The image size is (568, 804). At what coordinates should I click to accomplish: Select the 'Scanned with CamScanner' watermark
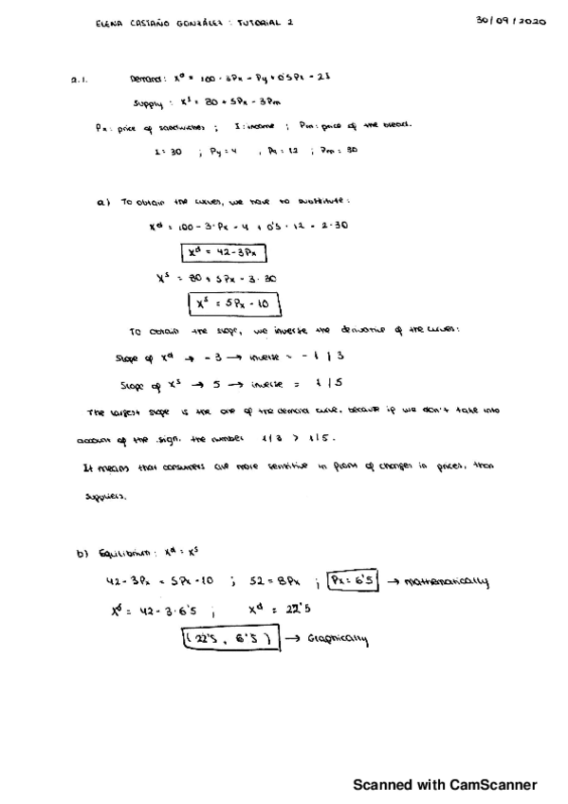(445, 785)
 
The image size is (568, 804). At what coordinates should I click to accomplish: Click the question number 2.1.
(80, 82)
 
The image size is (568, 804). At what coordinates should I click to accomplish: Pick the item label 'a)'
(103, 202)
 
